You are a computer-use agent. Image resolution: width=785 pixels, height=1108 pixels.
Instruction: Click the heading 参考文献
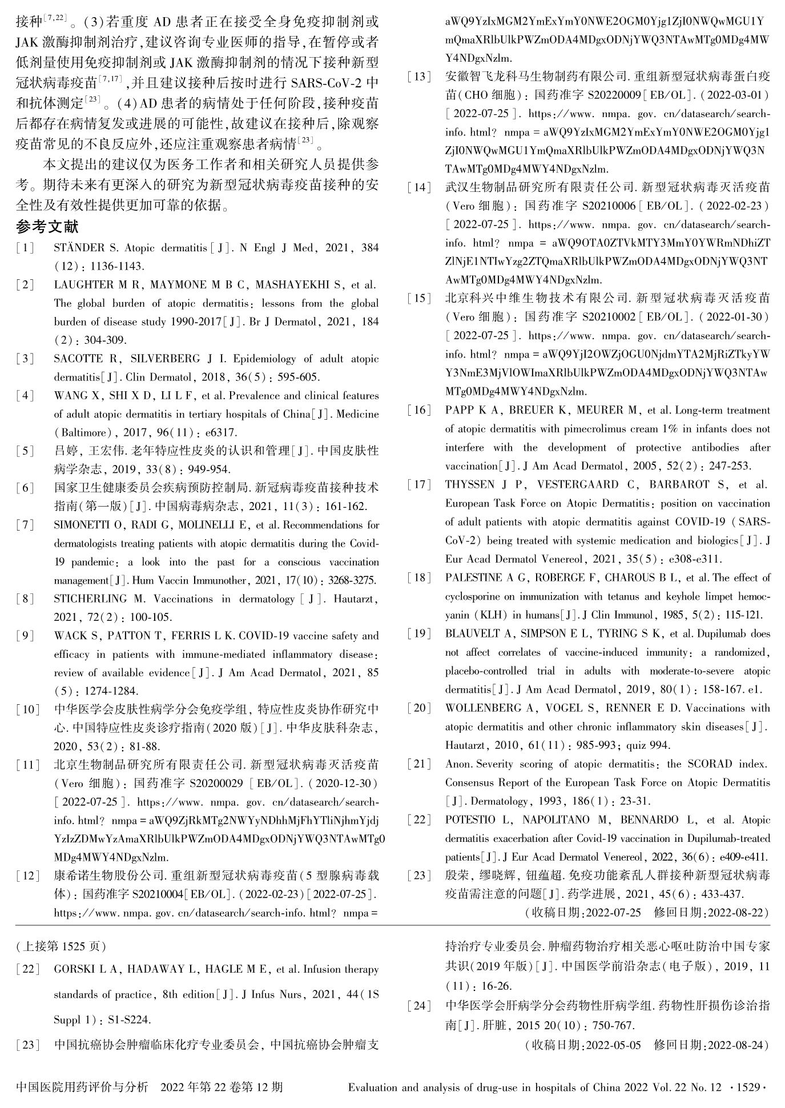[47, 227]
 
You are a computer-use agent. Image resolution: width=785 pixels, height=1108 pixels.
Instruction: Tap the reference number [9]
[25, 636]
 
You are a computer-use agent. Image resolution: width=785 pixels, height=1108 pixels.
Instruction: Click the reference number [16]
[420, 410]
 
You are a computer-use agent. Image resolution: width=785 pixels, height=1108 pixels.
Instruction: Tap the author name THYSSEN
[469, 484]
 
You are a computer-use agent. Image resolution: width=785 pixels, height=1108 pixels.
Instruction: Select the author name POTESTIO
[470, 820]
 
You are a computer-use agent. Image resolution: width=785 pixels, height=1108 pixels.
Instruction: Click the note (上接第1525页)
[61, 946]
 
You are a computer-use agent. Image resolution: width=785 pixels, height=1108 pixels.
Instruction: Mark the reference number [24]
[420, 1006]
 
